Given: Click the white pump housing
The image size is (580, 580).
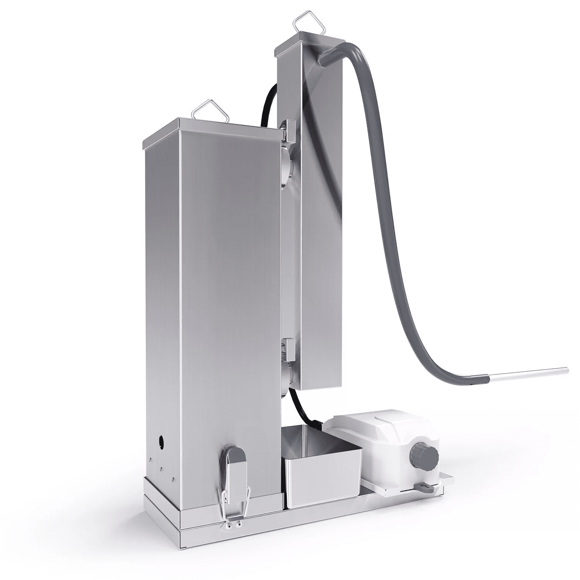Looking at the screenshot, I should click(x=371, y=445).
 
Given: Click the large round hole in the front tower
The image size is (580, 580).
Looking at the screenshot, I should click(x=160, y=440).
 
